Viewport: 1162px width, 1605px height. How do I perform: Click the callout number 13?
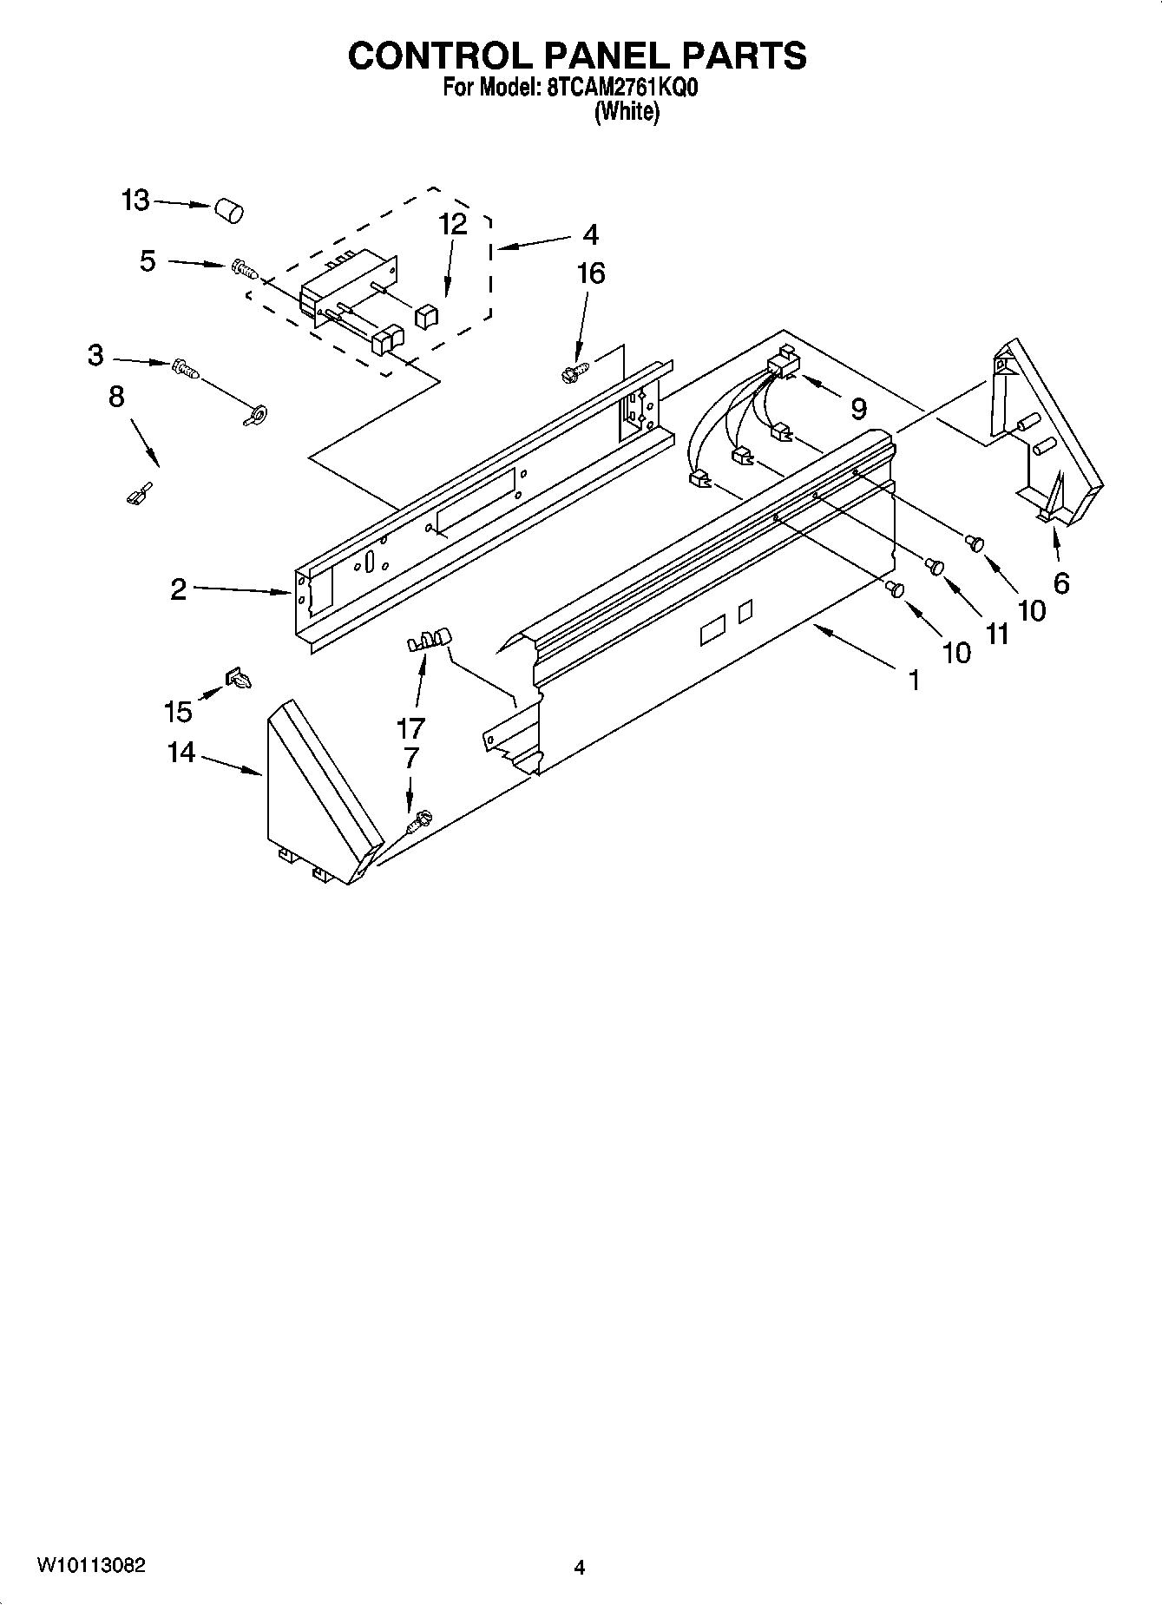[x=135, y=201]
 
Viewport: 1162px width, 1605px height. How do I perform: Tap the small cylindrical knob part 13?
[x=228, y=210]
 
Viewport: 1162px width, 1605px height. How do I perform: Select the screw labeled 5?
[x=246, y=270]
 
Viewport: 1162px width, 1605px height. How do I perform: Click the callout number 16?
[x=591, y=273]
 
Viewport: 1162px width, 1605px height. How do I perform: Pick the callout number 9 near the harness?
[x=858, y=408]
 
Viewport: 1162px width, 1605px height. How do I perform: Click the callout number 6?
[x=1060, y=583]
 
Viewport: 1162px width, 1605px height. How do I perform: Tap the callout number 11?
[x=997, y=635]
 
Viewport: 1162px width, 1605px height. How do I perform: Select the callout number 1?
[x=913, y=680]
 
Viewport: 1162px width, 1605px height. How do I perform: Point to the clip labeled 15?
[x=238, y=679]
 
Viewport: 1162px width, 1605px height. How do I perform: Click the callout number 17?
[x=410, y=727]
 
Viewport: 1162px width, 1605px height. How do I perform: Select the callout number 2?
[x=178, y=590]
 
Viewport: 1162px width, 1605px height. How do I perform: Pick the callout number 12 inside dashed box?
[x=453, y=224]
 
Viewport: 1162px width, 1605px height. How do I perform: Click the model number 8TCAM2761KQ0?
[x=607, y=88]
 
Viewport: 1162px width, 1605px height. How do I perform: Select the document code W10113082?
[x=91, y=1566]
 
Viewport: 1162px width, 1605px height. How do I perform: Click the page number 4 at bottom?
[x=580, y=1568]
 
